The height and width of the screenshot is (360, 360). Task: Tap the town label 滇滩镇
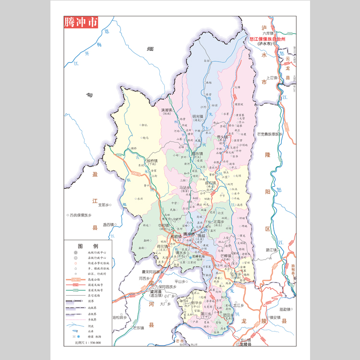click(168, 110)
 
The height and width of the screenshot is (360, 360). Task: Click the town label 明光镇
click(198, 117)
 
